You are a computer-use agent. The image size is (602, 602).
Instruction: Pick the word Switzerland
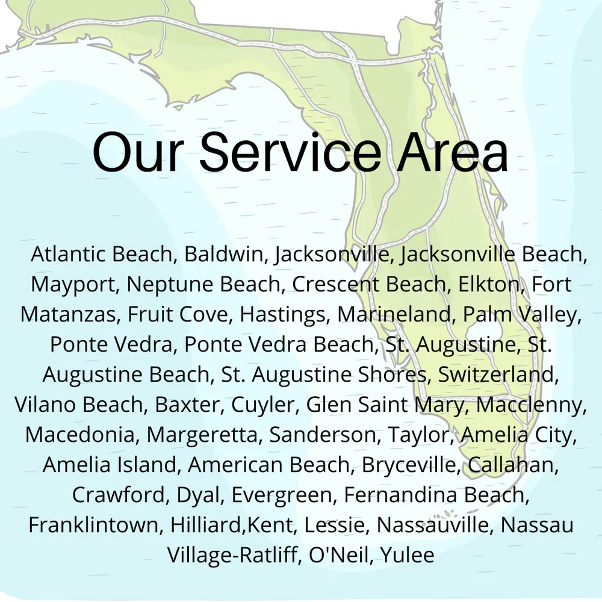497,374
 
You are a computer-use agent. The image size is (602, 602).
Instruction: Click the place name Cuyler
265,405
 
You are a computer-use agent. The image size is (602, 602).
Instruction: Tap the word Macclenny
531,405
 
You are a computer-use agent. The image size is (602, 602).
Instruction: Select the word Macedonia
82,435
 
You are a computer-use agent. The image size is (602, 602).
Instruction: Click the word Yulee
407,555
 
